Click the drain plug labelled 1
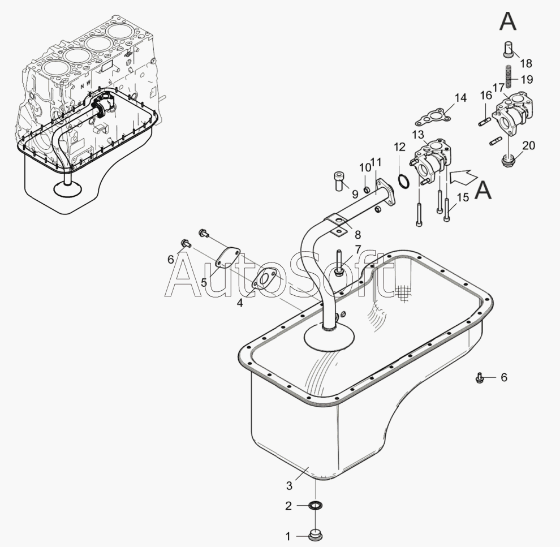(316, 536)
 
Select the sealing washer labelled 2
(316, 506)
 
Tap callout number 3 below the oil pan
(289, 485)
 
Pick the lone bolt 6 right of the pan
(481, 378)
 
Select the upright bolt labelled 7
(339, 263)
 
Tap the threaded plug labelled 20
(507, 160)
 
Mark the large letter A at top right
(507, 21)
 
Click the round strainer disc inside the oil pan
(330, 337)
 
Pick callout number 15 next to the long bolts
(463, 197)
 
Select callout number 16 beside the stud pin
(486, 96)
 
